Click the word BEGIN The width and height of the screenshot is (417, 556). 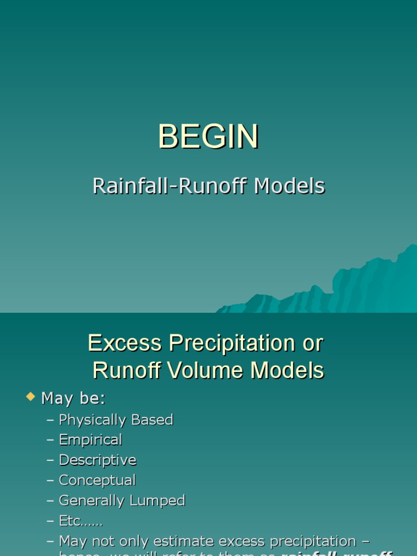coord(208,137)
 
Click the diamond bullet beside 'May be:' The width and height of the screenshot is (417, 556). coord(30,397)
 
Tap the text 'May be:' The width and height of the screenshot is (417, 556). coord(73,399)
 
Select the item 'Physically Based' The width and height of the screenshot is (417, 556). coord(116,420)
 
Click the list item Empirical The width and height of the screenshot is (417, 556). coord(90,440)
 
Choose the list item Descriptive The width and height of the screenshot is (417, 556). coord(97,460)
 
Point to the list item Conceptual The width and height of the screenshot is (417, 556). coord(97,481)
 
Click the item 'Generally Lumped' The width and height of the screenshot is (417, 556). coord(122,501)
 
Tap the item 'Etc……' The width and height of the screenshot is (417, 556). coord(81,521)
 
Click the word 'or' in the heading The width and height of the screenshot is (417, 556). coord(312,343)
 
